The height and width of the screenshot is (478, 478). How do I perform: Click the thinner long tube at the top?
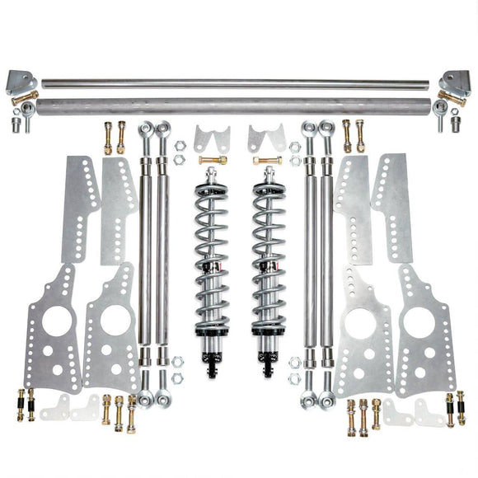click(x=235, y=83)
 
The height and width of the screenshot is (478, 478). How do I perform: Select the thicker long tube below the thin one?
click(x=235, y=105)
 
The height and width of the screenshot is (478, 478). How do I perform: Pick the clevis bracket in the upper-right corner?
click(x=455, y=82)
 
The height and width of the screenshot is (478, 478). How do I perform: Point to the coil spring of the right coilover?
click(x=269, y=247)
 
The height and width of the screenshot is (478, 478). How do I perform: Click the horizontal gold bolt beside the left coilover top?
click(x=213, y=160)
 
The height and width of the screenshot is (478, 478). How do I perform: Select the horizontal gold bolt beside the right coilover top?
click(x=267, y=160)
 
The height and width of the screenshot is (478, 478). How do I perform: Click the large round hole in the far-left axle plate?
click(x=55, y=322)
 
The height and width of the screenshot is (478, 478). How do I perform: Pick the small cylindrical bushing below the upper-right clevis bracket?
click(x=458, y=124)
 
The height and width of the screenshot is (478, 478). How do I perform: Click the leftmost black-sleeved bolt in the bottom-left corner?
click(x=20, y=404)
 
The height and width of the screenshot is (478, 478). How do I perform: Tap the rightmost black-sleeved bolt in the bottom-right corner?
click(x=460, y=407)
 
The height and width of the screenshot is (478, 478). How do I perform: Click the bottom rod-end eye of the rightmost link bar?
click(x=329, y=401)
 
